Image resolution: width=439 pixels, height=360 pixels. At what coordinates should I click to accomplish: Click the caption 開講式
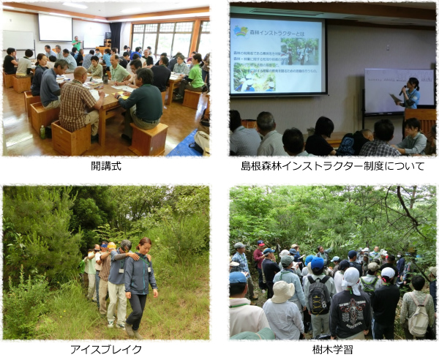pos(106,166)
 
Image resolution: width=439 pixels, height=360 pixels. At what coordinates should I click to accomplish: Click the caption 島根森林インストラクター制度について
pos(332,166)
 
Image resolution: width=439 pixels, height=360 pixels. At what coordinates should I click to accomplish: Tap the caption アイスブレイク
pos(106,349)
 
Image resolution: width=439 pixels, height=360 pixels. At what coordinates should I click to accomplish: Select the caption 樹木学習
pos(332,349)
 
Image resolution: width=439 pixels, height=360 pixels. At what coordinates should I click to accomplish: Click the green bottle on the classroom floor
pos(42,132)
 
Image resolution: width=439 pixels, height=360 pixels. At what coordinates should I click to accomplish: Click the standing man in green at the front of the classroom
pos(77,42)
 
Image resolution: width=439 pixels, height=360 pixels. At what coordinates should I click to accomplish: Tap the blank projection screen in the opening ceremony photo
pos(56,27)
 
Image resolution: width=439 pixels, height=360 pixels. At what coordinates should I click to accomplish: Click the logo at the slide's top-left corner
pos(241,30)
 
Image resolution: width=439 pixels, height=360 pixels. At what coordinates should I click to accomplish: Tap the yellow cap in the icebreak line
pos(111,247)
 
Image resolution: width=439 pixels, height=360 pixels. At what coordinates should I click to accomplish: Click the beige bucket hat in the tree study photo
pos(282,290)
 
